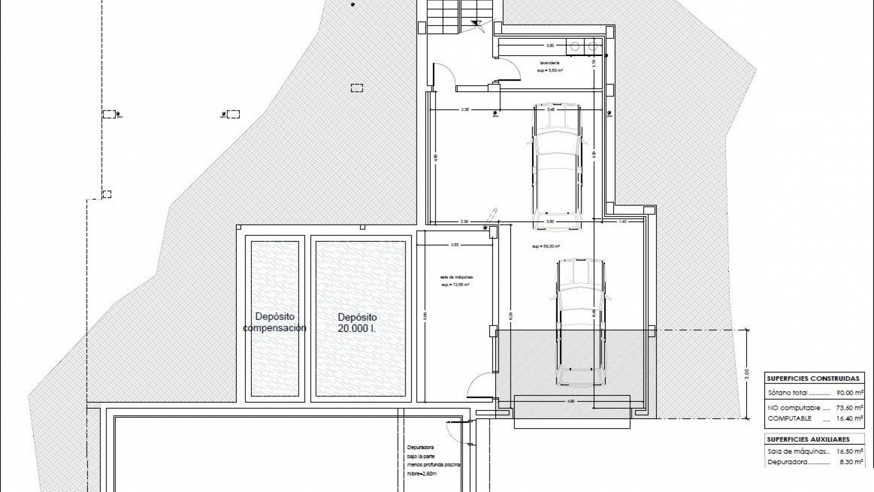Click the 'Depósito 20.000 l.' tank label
[x=357, y=323]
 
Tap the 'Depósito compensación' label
[x=274, y=322]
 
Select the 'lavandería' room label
[x=549, y=63]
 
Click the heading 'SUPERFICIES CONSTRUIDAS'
[x=813, y=379]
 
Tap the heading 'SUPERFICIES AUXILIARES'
[x=808, y=440]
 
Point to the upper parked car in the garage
[x=557, y=166]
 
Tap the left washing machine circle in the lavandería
[x=575, y=46]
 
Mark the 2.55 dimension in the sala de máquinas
[x=454, y=245]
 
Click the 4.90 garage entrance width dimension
[x=571, y=401]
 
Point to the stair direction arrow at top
[x=478, y=25]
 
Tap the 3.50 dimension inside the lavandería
[x=550, y=46]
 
